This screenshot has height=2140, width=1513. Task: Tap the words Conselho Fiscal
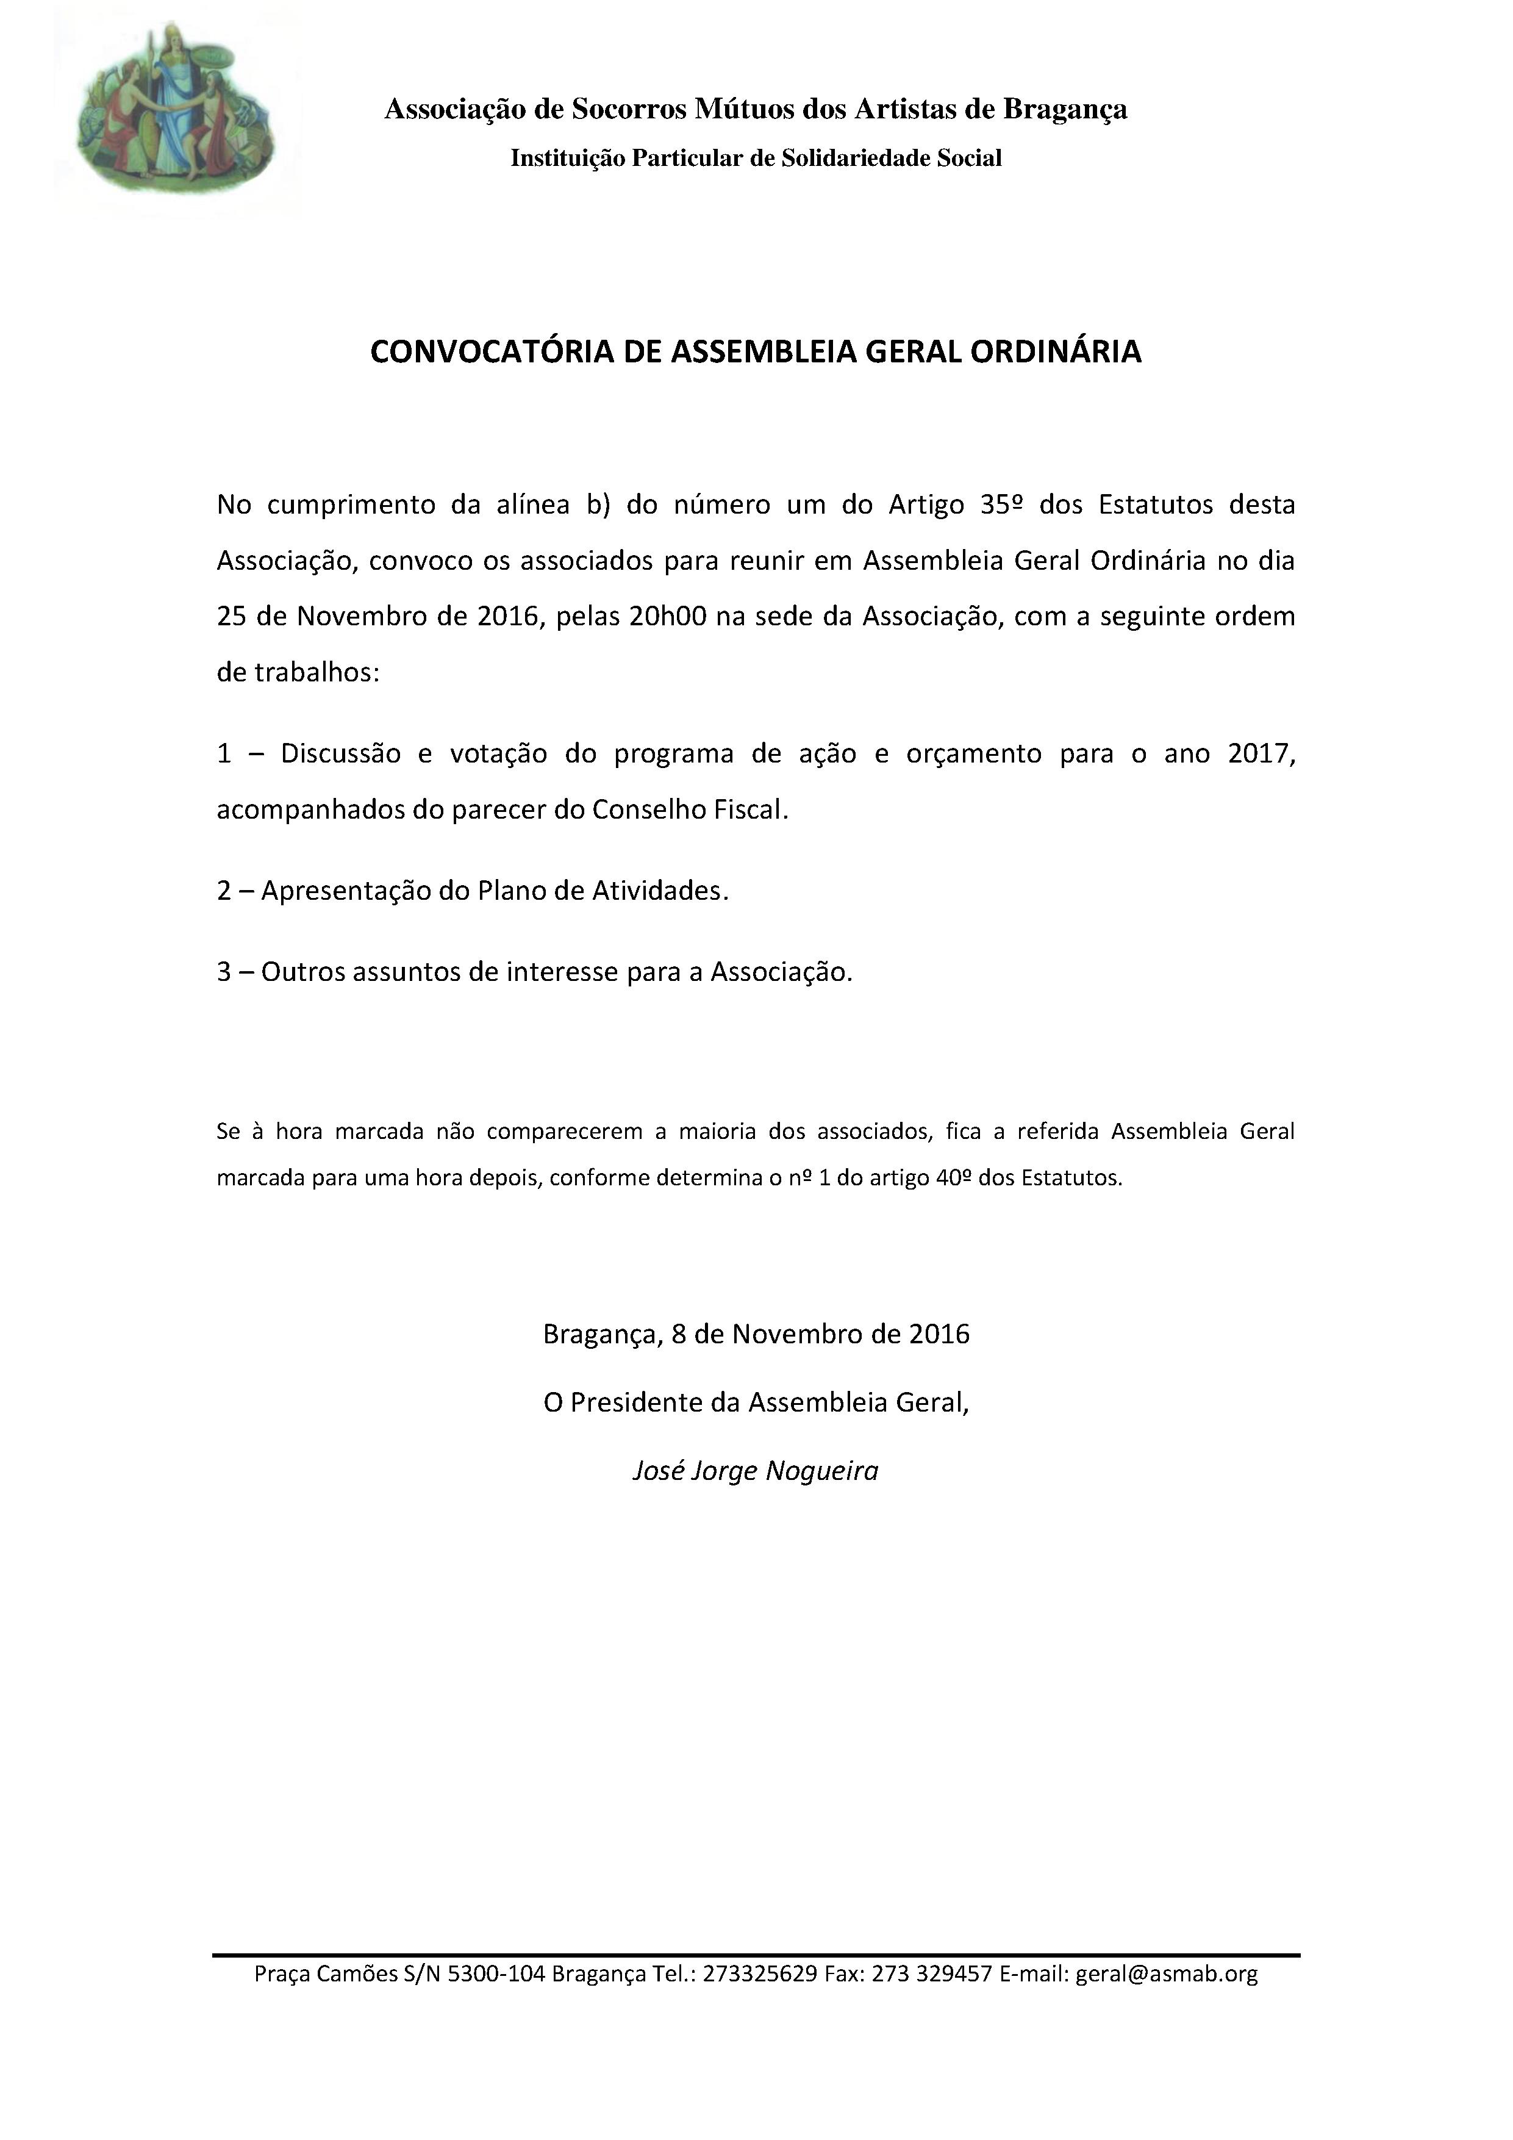pos(690,810)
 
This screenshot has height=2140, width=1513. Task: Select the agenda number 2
pos(224,891)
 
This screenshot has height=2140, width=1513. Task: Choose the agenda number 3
pos(224,972)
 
